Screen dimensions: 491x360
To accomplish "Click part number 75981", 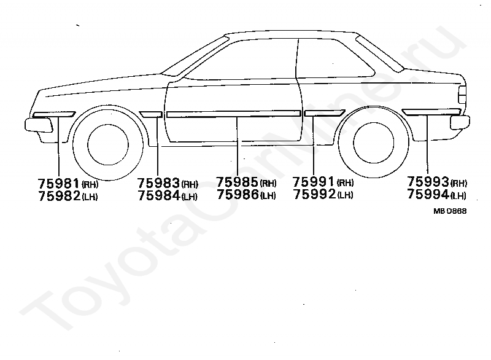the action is [60, 183].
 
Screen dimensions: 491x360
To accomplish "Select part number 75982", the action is [60, 196].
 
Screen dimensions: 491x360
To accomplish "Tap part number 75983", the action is [159, 183].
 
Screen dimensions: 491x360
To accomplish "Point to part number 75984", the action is [159, 196].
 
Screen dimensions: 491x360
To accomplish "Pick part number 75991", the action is [314, 182].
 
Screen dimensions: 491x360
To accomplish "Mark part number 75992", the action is [314, 195].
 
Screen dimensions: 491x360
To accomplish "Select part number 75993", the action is [428, 183].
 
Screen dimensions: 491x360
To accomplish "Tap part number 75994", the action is [428, 196].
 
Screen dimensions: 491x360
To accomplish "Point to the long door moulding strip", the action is [233, 114].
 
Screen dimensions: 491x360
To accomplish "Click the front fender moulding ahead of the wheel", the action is [53, 114].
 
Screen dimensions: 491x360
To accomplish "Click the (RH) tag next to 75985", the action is [268, 184].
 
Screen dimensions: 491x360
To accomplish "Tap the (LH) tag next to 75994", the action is [458, 197].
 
